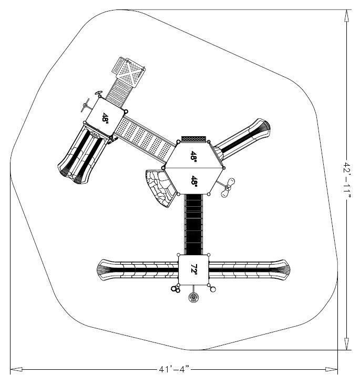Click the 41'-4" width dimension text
tap(174, 370)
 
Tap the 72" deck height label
tap(194, 270)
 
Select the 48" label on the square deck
tap(106, 118)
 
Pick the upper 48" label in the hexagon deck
tap(194, 156)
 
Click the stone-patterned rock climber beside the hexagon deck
tap(160, 187)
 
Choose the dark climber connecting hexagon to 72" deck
tap(194, 224)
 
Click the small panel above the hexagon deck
tap(194, 139)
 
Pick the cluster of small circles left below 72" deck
tap(176, 289)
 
